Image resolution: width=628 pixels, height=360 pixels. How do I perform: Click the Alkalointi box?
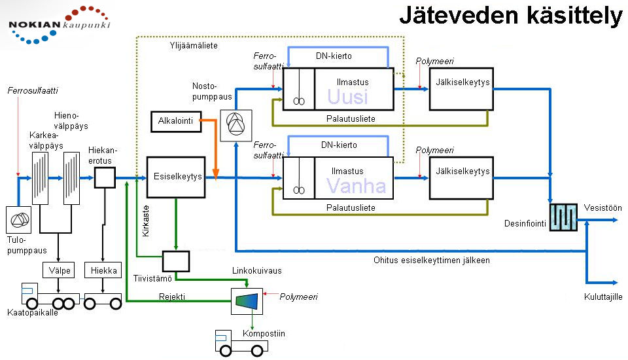tap(176, 122)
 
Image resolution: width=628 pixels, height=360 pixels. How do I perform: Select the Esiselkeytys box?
tap(176, 177)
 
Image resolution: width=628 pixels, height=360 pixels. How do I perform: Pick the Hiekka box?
tap(103, 270)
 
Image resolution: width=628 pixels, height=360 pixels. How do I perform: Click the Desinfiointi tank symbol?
tap(563, 217)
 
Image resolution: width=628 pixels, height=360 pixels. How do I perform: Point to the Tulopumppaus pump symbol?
tap(18, 220)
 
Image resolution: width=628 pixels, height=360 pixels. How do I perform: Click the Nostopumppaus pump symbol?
tap(236, 126)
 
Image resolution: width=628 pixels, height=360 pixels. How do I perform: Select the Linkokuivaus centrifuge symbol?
tap(247, 301)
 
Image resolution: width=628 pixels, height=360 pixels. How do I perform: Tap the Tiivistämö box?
tap(176, 261)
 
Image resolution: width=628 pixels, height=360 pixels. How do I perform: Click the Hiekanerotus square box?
tap(105, 177)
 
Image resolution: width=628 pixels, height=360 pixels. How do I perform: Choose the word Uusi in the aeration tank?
tap(347, 97)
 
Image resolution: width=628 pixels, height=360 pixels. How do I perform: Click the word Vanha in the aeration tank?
tap(356, 186)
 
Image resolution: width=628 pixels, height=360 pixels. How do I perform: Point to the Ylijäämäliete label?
tap(194, 45)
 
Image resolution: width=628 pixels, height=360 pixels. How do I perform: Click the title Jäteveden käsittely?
tap(511, 15)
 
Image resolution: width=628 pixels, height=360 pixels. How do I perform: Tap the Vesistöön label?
tap(602, 207)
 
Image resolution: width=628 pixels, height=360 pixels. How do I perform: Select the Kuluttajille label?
tap(603, 297)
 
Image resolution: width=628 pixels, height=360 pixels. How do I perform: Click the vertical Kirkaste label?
tap(146, 221)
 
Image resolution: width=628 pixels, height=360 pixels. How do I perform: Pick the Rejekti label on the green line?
tap(172, 297)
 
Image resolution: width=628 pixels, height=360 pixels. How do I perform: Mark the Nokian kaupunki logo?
tap(59, 24)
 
